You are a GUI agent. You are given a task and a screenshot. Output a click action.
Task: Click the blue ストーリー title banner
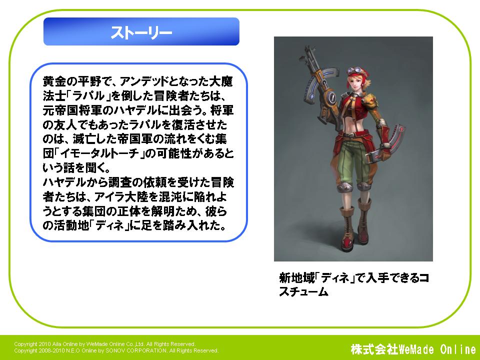coord(141,31)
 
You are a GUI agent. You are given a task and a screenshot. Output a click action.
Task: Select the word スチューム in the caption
coord(303,291)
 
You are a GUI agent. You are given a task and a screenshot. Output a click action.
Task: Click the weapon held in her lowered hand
coord(387,144)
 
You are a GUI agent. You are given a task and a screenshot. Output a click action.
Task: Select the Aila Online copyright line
coord(104,344)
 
